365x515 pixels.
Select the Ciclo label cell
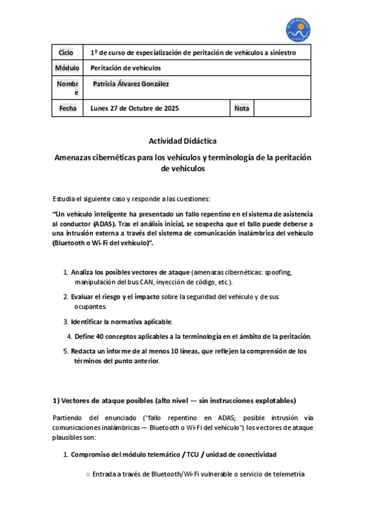(x=66, y=53)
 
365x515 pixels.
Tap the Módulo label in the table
(x=67, y=68)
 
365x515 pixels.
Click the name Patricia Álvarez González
(x=131, y=84)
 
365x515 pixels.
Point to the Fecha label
(x=68, y=109)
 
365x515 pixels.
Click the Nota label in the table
(x=242, y=109)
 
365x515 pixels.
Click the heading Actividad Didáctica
(x=182, y=141)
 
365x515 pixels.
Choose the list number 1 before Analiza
(x=66, y=273)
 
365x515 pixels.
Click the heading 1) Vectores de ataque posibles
(x=174, y=401)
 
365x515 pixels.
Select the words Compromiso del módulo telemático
(x=126, y=454)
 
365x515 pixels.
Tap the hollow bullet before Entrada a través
(x=88, y=474)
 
